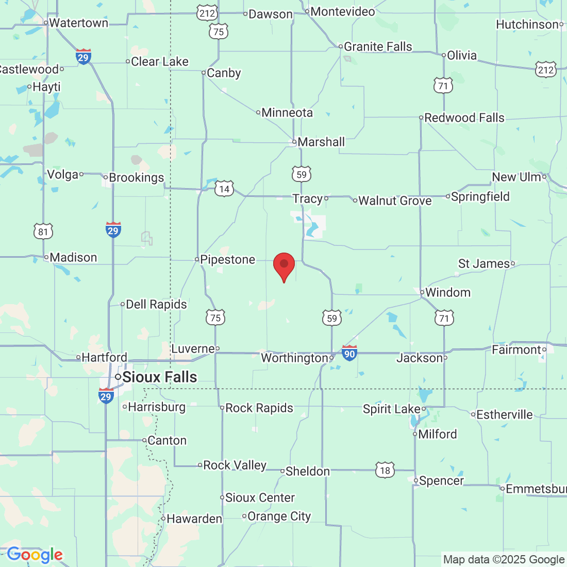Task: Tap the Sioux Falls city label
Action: (x=159, y=377)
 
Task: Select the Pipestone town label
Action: (x=227, y=259)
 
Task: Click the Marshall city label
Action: (x=321, y=142)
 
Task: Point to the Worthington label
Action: (x=294, y=358)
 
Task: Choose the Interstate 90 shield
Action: (x=349, y=354)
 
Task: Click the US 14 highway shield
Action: (x=224, y=189)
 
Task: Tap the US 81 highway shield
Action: (x=43, y=231)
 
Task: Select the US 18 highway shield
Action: (x=385, y=470)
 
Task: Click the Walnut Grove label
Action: (x=395, y=201)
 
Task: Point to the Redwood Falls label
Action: (x=464, y=118)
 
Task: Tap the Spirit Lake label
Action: (x=392, y=409)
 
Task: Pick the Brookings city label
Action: (x=136, y=177)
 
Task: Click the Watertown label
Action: (x=78, y=23)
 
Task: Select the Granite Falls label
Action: (x=378, y=46)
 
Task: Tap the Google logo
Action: (x=35, y=555)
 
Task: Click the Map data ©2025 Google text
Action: (x=504, y=559)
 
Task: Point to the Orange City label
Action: (x=279, y=516)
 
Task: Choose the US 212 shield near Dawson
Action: (x=207, y=13)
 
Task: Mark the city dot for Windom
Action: (x=422, y=292)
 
